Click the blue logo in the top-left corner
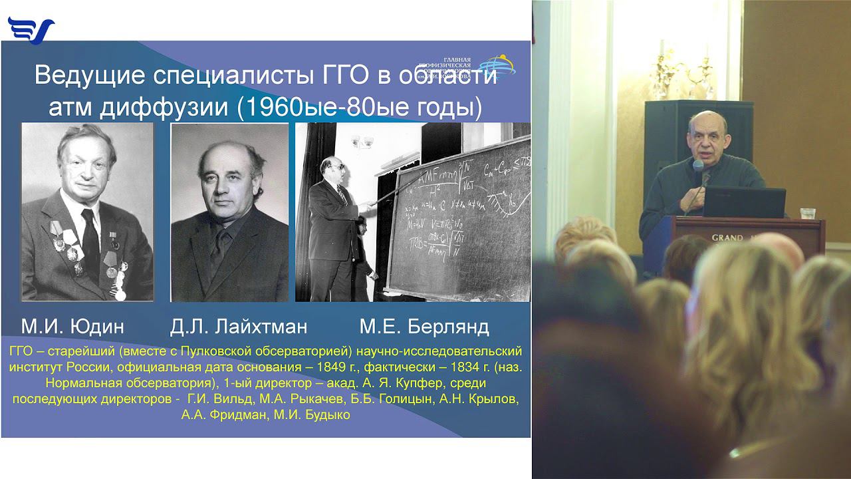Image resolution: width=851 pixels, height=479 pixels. point(31,30)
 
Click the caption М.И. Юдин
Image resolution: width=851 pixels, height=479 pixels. point(72,327)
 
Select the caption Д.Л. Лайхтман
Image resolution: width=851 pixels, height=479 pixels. point(239,327)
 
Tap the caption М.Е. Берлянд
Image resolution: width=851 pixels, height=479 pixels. point(424,327)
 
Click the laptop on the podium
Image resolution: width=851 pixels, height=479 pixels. point(744,202)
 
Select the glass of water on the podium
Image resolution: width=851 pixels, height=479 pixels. point(808,214)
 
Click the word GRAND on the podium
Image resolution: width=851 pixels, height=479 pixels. point(727,238)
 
